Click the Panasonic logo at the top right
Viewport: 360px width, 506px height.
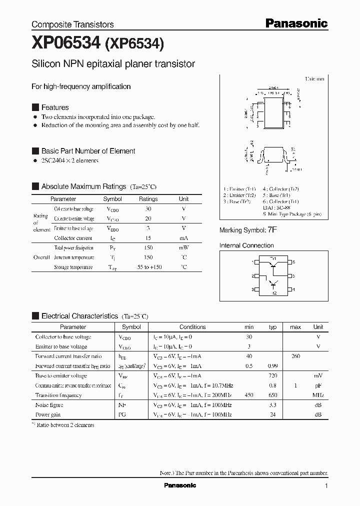point(296,23)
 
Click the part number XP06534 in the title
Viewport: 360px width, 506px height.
point(66,44)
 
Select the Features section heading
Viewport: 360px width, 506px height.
point(55,107)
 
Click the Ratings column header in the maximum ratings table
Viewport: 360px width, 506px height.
point(148,199)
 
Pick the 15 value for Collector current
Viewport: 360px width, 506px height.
point(148,238)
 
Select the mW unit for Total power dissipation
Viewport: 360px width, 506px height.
point(184,248)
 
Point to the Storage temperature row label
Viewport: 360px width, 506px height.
point(73,267)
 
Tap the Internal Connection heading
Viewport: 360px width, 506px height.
point(246,245)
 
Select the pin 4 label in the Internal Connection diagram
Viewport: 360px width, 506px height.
point(294,289)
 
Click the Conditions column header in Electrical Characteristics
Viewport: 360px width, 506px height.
point(192,327)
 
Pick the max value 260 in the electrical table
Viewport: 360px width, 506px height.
point(295,356)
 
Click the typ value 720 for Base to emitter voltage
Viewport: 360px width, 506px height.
point(273,376)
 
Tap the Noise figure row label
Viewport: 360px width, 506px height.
point(49,405)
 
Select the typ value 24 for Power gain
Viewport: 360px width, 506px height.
point(273,414)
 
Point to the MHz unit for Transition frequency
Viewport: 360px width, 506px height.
point(318,395)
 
